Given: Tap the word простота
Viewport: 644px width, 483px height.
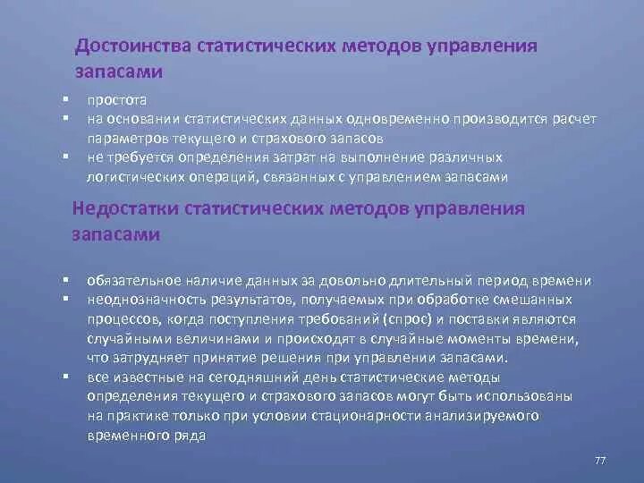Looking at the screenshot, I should pos(117,101).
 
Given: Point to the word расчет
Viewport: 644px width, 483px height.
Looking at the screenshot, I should pos(575,120).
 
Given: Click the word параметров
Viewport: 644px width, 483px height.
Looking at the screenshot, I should pos(123,139).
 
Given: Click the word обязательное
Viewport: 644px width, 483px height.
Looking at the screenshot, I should pos(134,280).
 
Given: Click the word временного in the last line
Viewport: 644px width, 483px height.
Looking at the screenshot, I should pos(123,436).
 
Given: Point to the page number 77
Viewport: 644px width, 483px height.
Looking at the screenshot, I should pos(600,459).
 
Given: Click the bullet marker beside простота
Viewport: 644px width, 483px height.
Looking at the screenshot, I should pos(65,99).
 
